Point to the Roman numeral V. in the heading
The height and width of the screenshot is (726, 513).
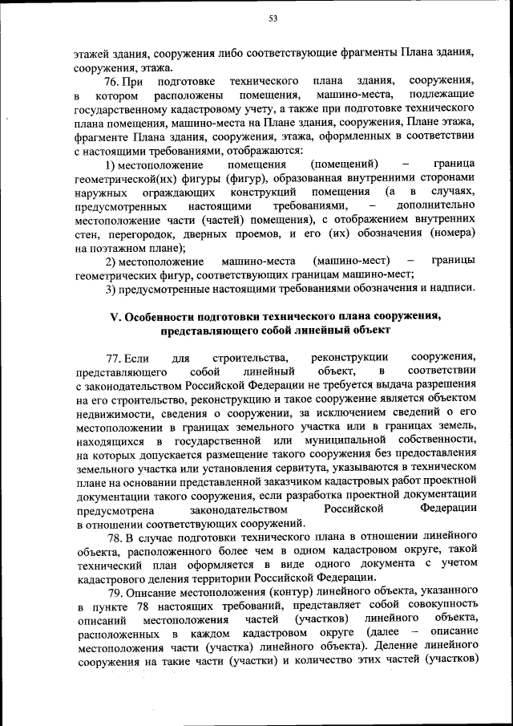click(115, 315)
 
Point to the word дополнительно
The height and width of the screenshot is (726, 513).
click(438, 205)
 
